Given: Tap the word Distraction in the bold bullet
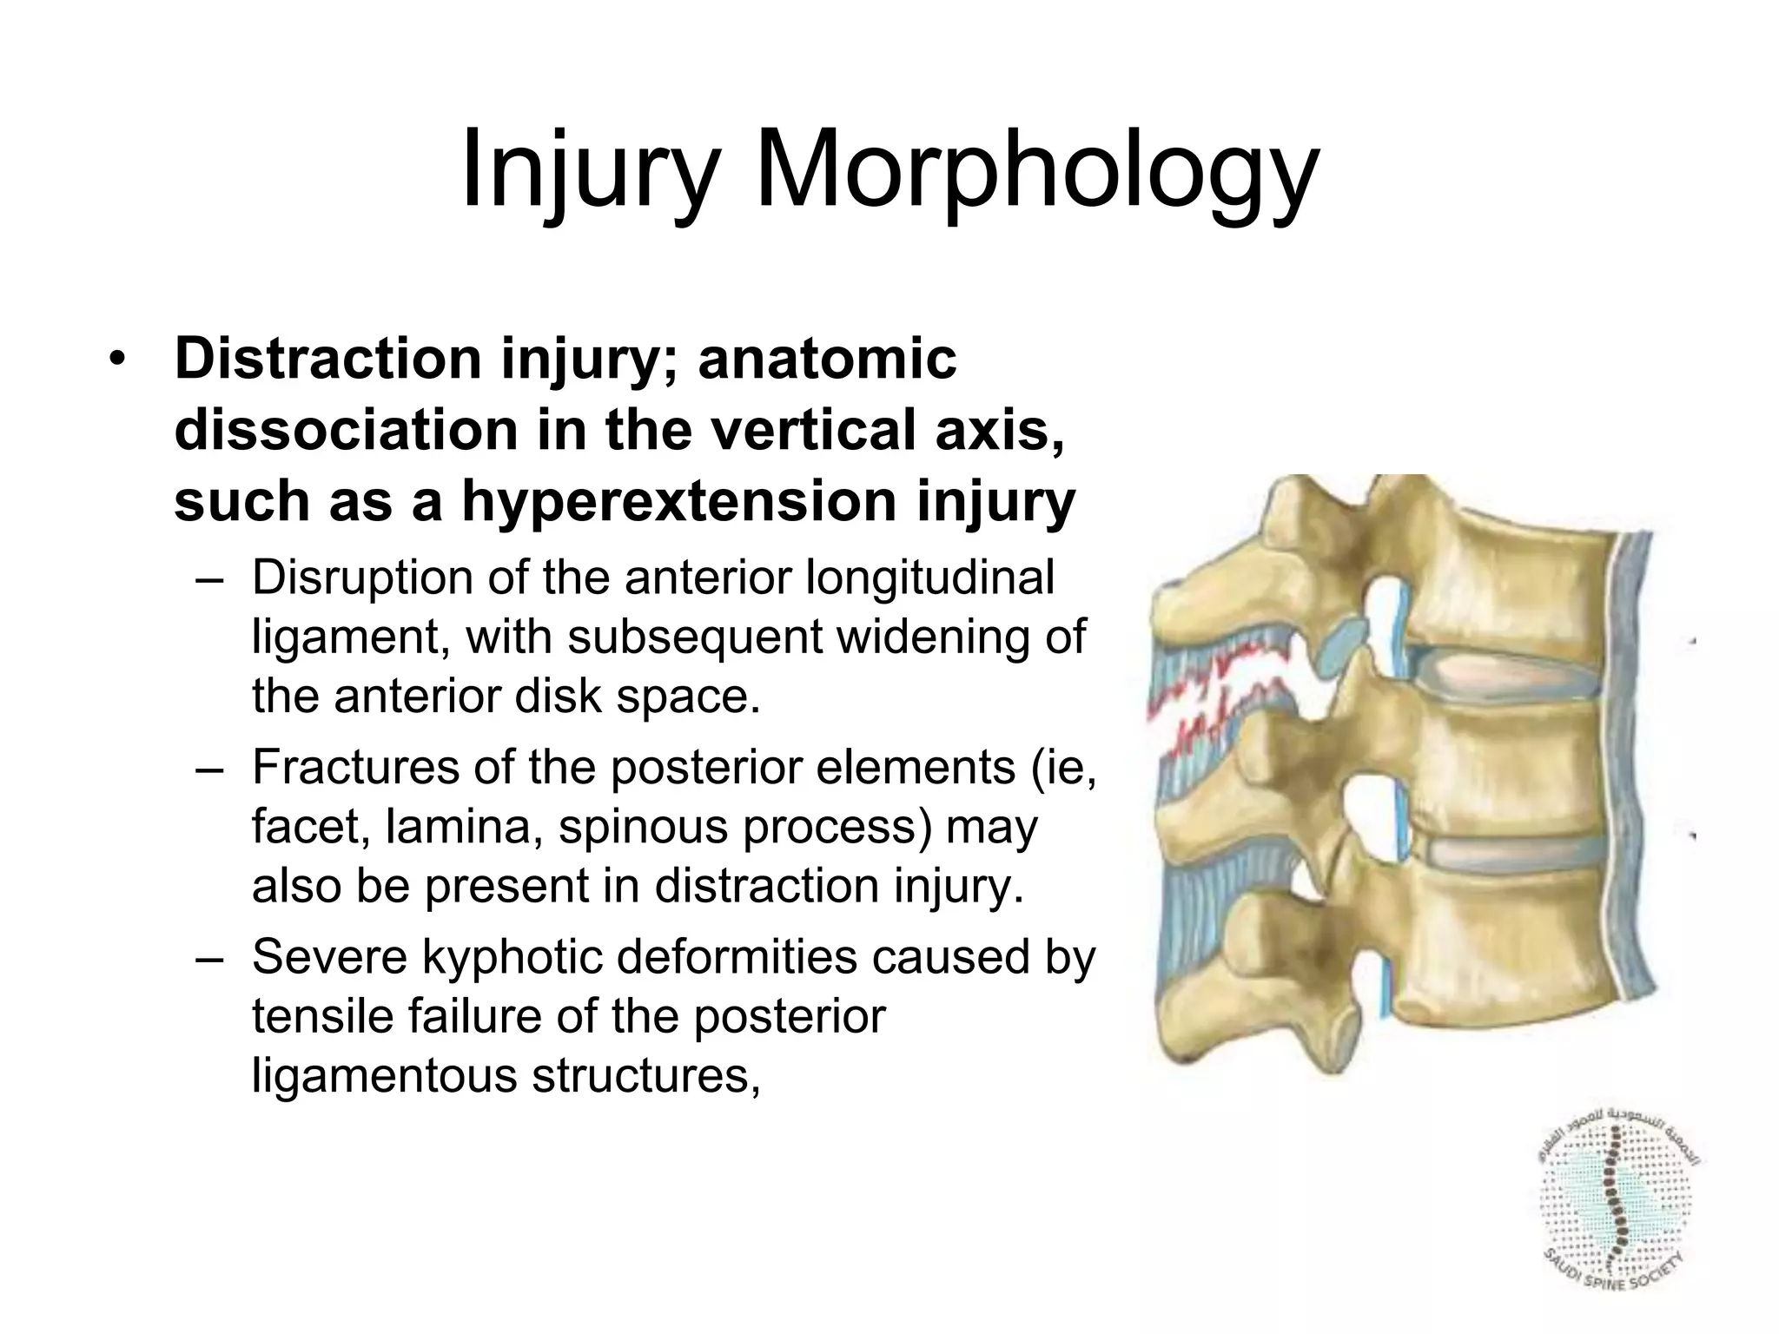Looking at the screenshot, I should click(x=327, y=359).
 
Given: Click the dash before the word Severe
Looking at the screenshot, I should click(x=210, y=958).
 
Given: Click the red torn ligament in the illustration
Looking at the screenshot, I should click(x=1216, y=695).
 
